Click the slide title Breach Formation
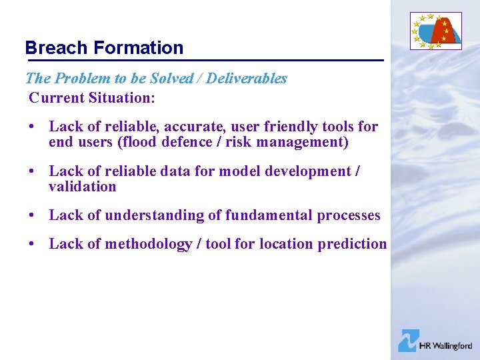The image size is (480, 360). click(x=104, y=48)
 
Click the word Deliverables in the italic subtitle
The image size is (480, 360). click(x=247, y=79)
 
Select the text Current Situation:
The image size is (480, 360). click(x=92, y=98)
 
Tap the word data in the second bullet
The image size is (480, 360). click(x=173, y=171)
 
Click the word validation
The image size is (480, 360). click(x=82, y=187)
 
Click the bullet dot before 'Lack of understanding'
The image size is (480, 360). click(x=32, y=216)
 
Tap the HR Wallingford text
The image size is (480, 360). click(x=445, y=345)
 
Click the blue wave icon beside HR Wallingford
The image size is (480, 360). click(x=407, y=341)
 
